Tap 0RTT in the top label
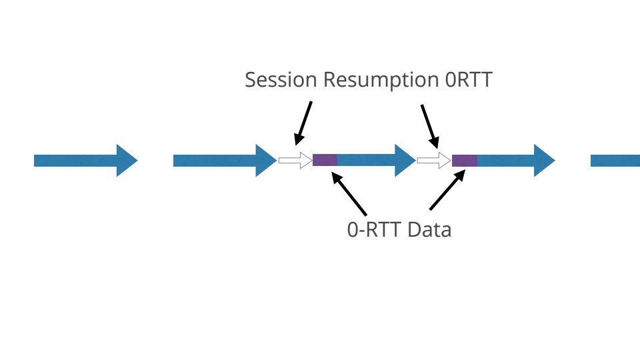click(x=468, y=80)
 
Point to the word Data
click(x=429, y=230)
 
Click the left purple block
click(x=325, y=160)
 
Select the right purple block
click(x=464, y=160)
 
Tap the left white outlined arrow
click(x=295, y=160)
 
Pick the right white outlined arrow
click(x=433, y=160)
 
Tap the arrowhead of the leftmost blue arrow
click(x=126, y=161)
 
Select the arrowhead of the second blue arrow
click(x=265, y=161)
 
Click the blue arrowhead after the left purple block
click(x=404, y=161)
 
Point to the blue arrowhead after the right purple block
click(x=543, y=161)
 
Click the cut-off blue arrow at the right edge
click(x=615, y=161)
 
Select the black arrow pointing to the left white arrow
click(x=303, y=123)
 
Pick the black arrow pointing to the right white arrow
click(x=429, y=125)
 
